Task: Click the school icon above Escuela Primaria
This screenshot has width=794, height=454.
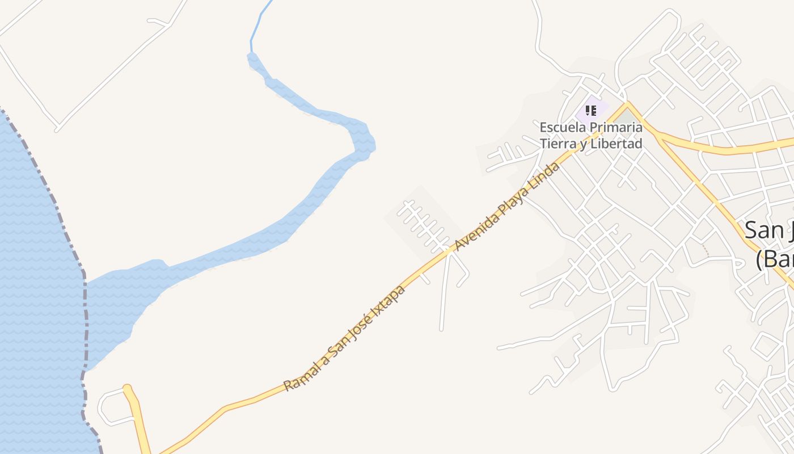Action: [590, 110]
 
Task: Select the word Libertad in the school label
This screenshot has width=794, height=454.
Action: [616, 144]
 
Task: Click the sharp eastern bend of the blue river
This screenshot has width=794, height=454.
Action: [366, 142]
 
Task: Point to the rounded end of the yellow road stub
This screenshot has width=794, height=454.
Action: [128, 389]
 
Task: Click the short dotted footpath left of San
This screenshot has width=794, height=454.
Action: [706, 250]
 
